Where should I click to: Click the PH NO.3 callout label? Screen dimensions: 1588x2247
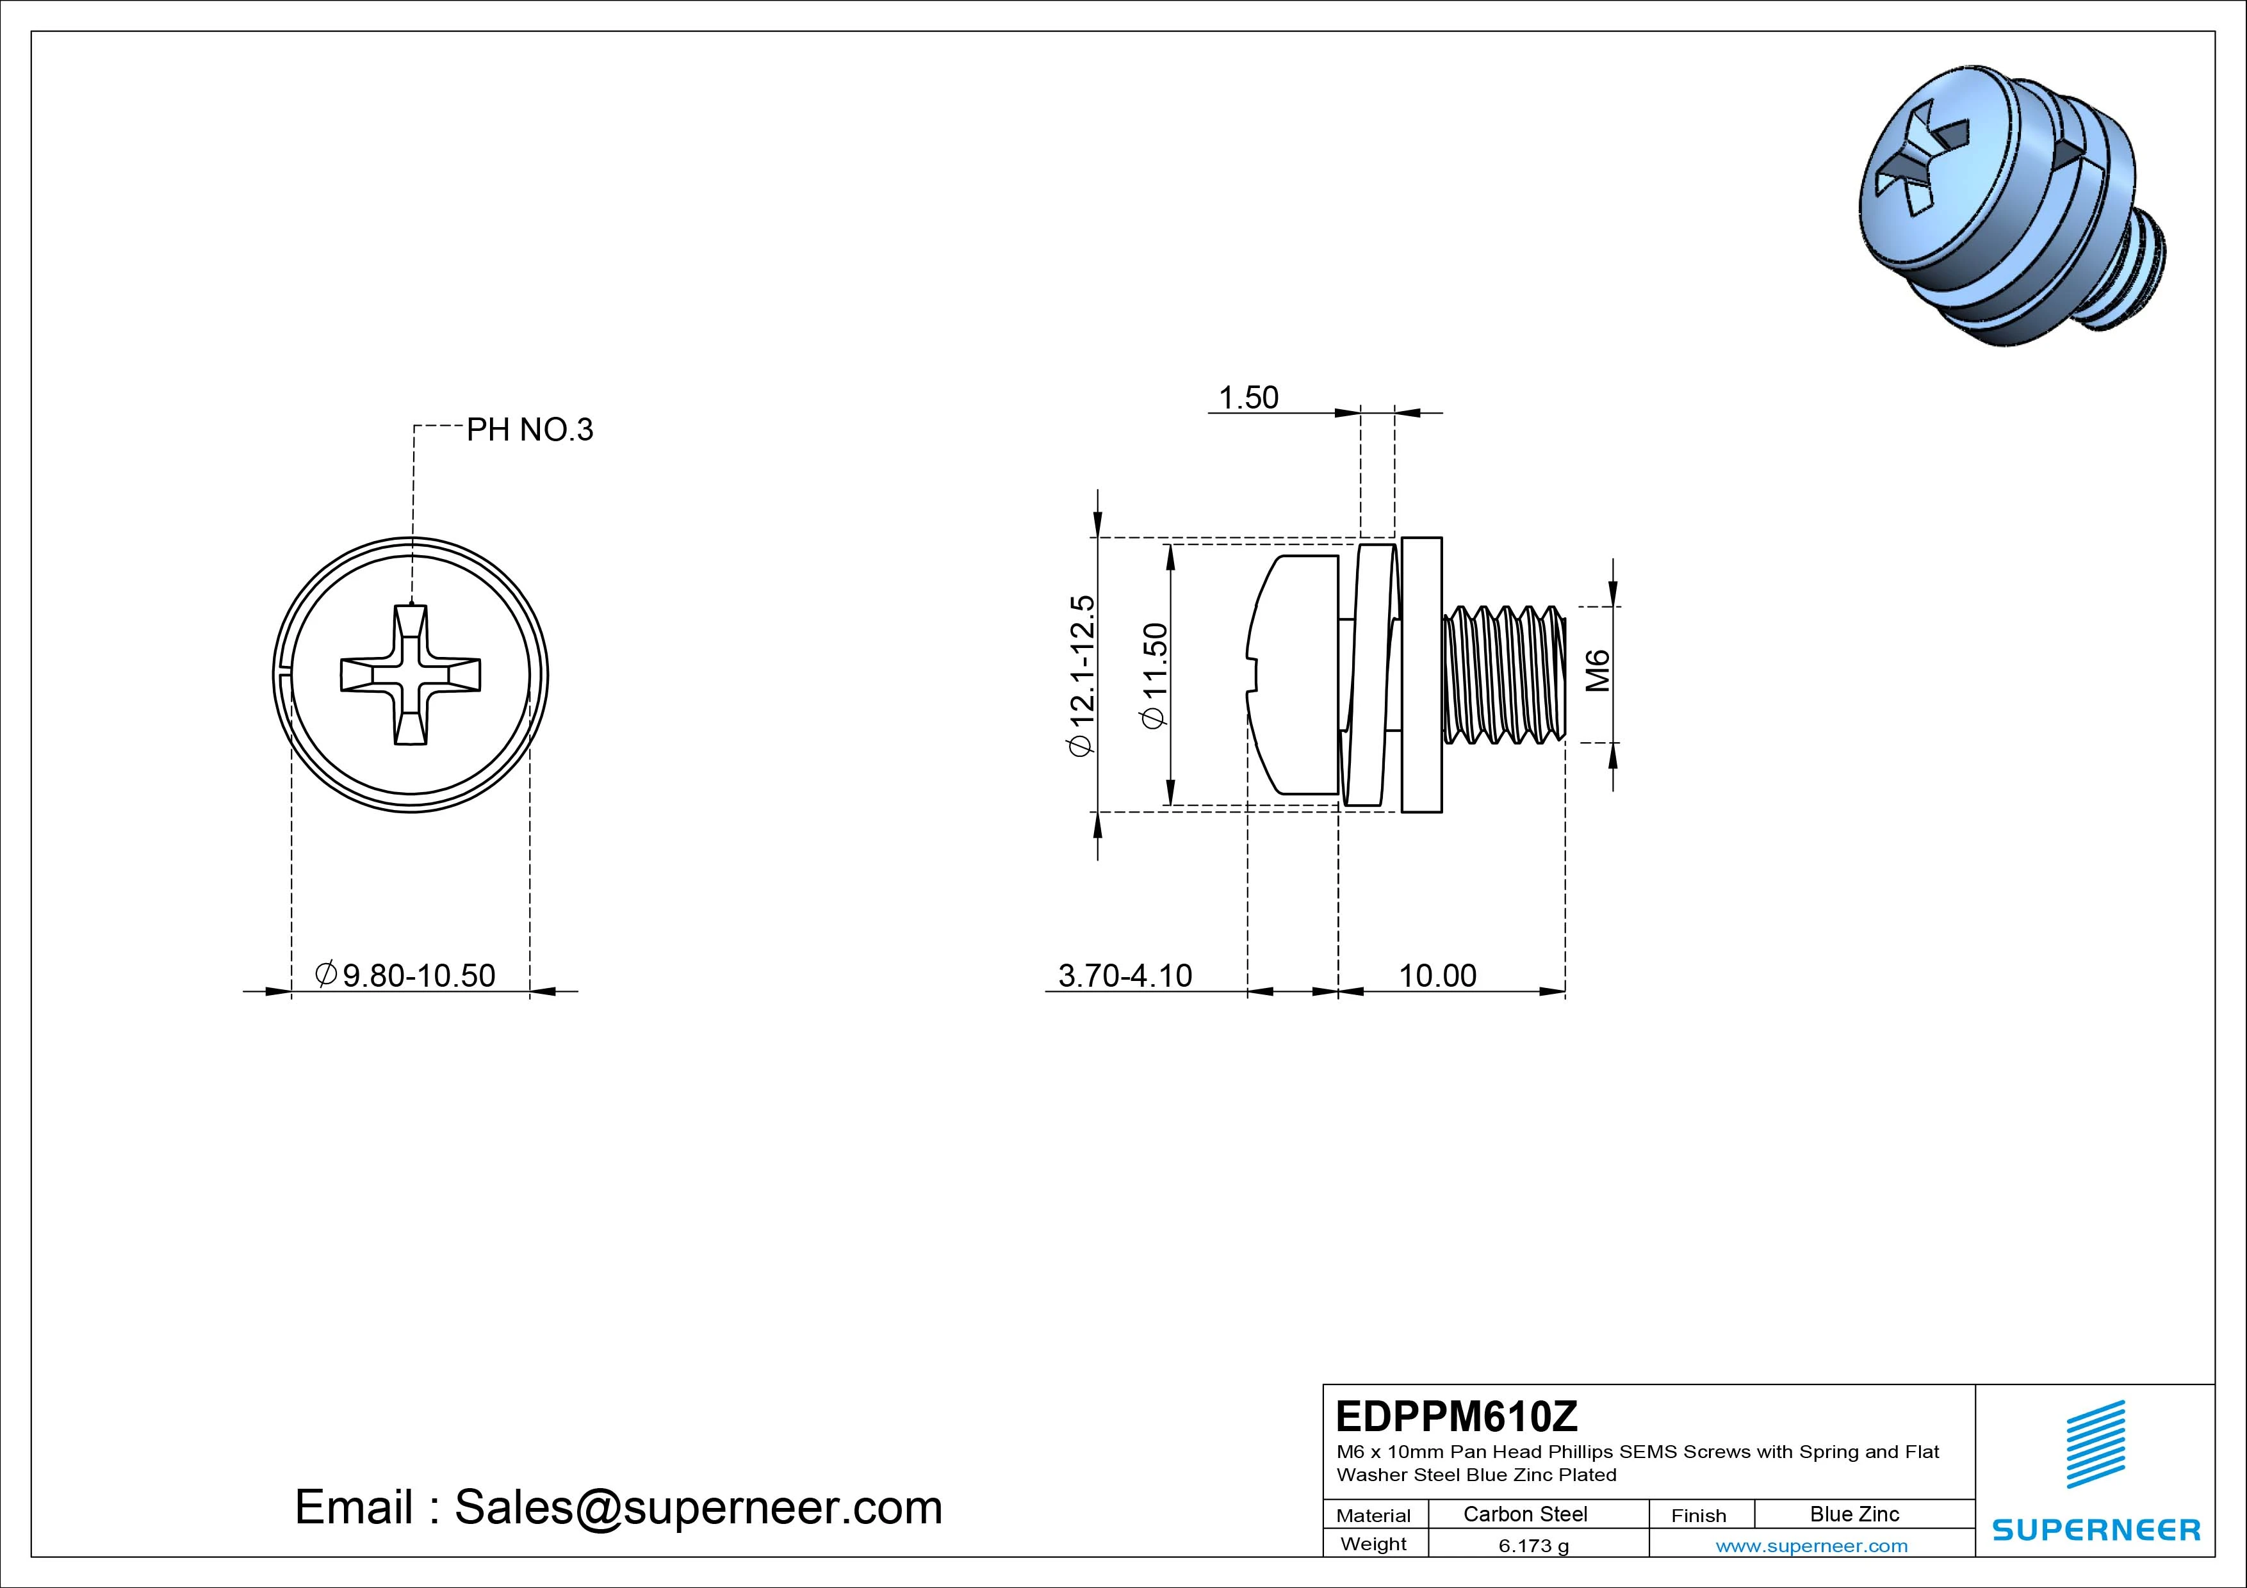click(x=530, y=430)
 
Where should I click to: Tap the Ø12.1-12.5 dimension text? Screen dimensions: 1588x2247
click(x=1081, y=675)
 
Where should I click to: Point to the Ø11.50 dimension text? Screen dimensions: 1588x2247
click(x=1155, y=675)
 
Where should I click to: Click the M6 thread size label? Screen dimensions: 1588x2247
click(x=1597, y=670)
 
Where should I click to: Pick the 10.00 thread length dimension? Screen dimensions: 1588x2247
click(x=1437, y=975)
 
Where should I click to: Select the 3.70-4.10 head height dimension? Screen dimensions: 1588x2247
click(x=1125, y=975)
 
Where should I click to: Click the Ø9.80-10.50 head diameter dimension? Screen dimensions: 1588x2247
click(x=405, y=975)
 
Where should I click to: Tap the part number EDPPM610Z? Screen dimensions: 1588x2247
click(x=1456, y=1416)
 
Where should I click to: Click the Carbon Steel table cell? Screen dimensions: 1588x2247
click(x=1524, y=1514)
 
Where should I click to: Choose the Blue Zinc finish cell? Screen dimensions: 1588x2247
click(x=1854, y=1514)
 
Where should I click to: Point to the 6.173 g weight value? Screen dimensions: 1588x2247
click(x=1533, y=1546)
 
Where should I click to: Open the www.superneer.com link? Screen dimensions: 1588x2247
click(x=1811, y=1546)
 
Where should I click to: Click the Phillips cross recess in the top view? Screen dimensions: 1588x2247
click(x=410, y=675)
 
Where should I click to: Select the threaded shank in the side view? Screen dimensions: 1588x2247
click(x=1504, y=674)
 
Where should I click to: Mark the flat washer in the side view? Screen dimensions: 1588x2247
click(x=1421, y=674)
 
